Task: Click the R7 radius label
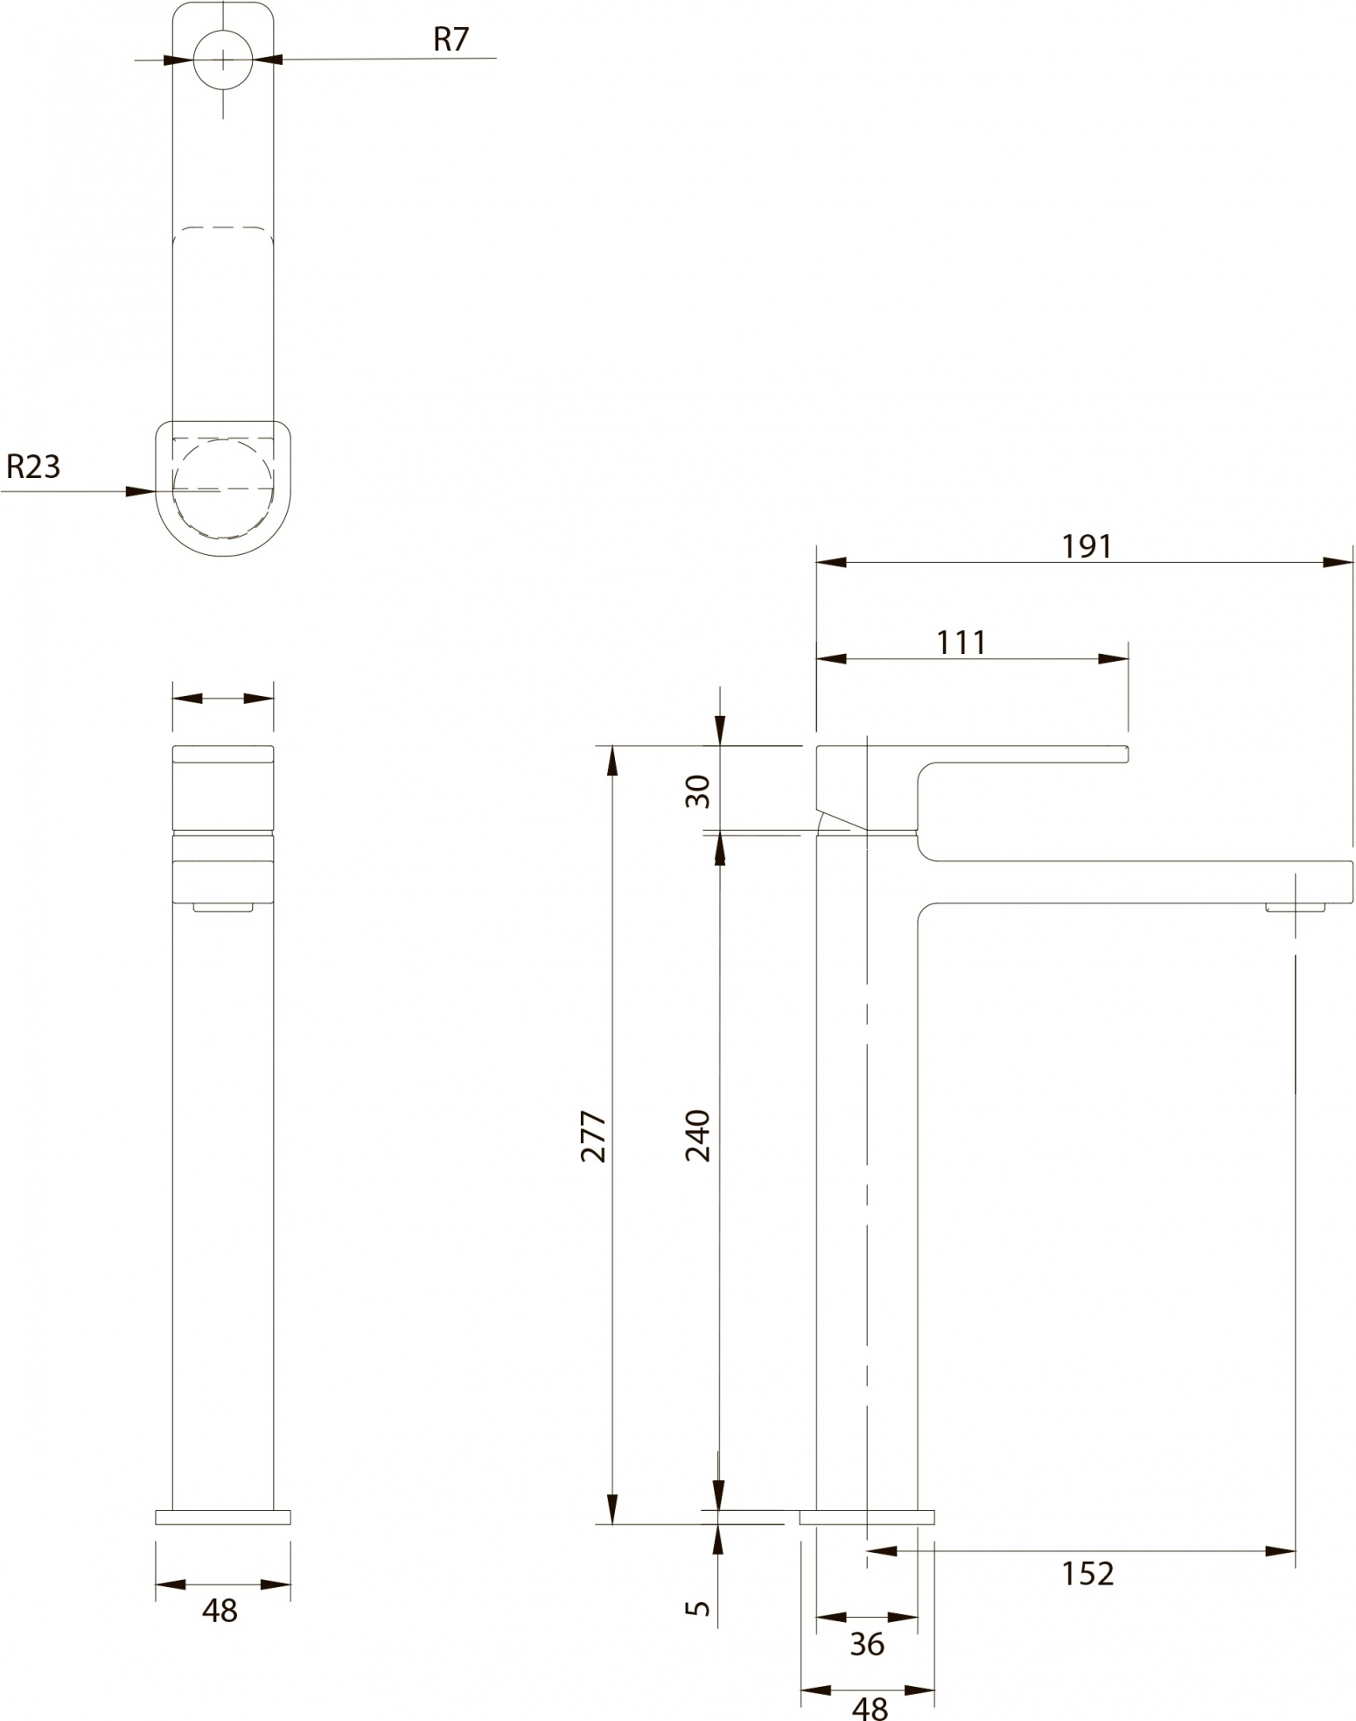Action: pyautogui.click(x=451, y=39)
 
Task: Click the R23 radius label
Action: pyautogui.click(x=33, y=467)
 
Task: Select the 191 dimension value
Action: pyautogui.click(x=1087, y=546)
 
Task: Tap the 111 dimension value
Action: pyautogui.click(x=961, y=643)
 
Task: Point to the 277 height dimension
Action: pyautogui.click(x=594, y=1135)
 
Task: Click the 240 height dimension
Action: pyautogui.click(x=698, y=1134)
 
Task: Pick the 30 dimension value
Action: pyautogui.click(x=698, y=791)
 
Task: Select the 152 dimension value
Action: pyautogui.click(x=1087, y=1574)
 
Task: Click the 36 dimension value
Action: pyautogui.click(x=867, y=1645)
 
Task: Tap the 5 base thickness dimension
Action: pyautogui.click(x=698, y=1607)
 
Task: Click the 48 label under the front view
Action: pyautogui.click(x=220, y=1610)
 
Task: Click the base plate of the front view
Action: pyautogui.click(x=223, y=1517)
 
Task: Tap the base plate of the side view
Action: pyautogui.click(x=867, y=1517)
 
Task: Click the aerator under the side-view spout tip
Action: pyautogui.click(x=1295, y=907)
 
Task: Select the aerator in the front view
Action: pyautogui.click(x=223, y=907)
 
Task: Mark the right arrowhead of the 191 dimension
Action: pyautogui.click(x=1338, y=562)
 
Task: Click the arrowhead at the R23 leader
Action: pyautogui.click(x=142, y=491)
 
